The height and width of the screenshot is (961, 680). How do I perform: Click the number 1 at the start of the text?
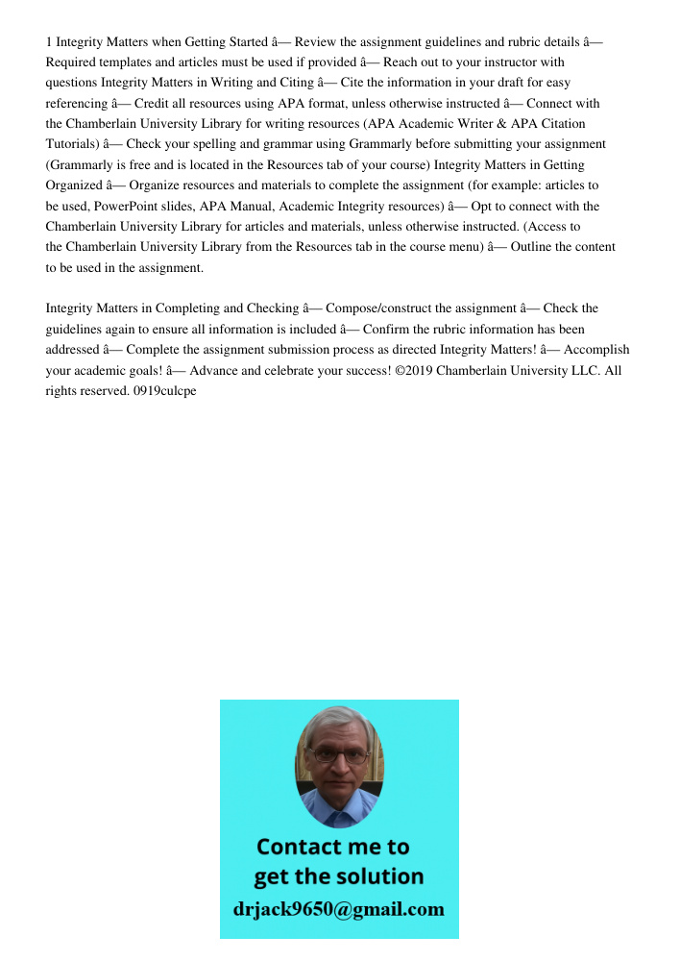tap(49, 42)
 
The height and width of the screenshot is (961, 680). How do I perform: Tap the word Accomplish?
tap(592, 349)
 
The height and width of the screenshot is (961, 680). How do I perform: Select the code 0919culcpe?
tap(166, 390)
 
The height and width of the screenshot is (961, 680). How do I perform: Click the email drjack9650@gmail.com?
tap(339, 908)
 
